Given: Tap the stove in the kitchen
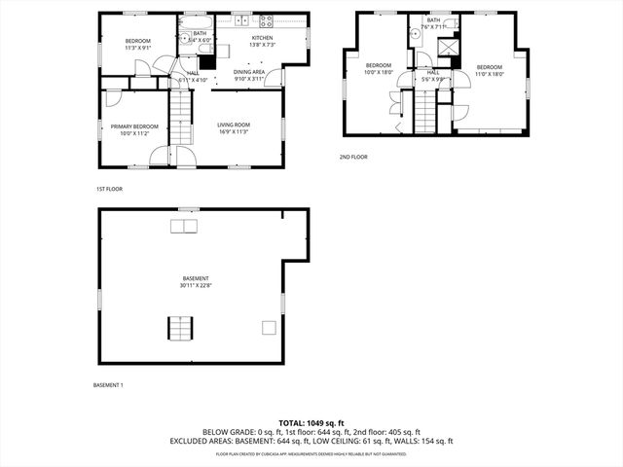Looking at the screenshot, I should (x=267, y=20).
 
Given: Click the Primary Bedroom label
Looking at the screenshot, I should (x=134, y=126).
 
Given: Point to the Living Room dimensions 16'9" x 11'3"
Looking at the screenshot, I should (x=234, y=132).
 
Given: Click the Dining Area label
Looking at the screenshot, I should (x=248, y=72).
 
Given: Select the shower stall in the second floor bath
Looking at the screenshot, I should (x=449, y=45).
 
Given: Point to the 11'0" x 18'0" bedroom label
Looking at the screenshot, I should (x=489, y=69).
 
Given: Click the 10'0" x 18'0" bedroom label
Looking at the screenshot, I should (x=378, y=69).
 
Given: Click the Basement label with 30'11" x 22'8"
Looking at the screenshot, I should (x=194, y=282).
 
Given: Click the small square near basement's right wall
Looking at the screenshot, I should (x=269, y=329).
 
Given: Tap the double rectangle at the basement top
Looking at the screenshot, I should (x=182, y=227).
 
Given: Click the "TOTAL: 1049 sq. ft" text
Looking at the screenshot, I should (x=311, y=423).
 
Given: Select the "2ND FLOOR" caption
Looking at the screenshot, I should (x=352, y=157).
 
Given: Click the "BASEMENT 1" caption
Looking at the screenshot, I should (x=108, y=386).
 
